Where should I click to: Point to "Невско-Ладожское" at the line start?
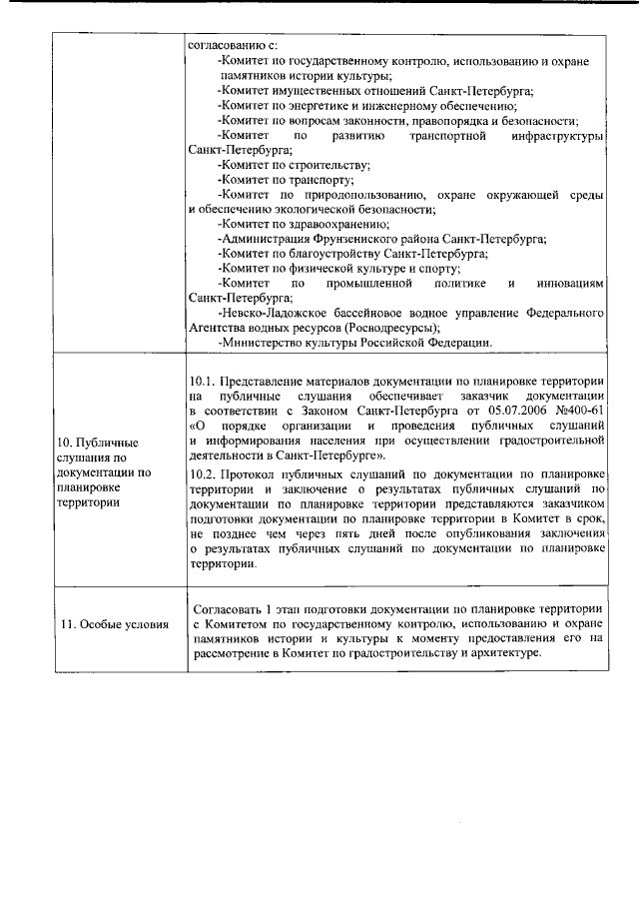click(268, 313)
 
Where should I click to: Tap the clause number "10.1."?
click(202, 382)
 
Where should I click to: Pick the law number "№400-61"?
click(584, 412)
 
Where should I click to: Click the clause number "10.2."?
click(202, 472)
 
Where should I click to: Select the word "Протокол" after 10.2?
click(248, 472)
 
